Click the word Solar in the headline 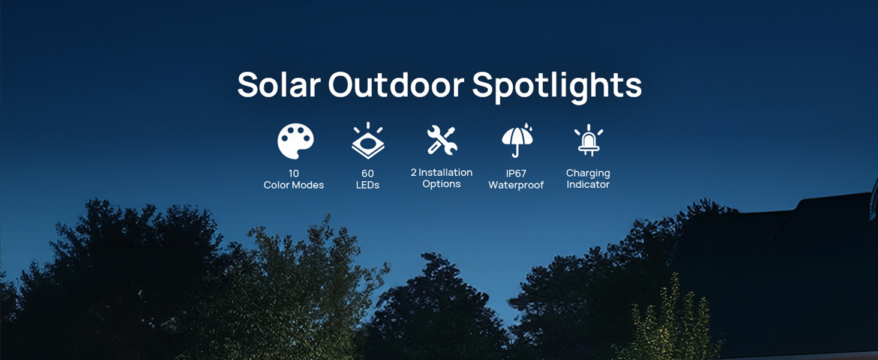[x=278, y=85]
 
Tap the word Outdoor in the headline [x=396, y=85]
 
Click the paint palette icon [x=295, y=142]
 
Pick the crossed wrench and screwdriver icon [x=442, y=140]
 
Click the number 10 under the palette [x=294, y=173]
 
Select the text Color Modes [x=294, y=185]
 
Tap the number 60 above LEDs [x=368, y=173]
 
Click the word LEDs [x=368, y=185]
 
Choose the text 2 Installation [x=441, y=172]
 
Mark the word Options [x=441, y=184]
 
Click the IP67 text [x=516, y=173]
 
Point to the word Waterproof [x=516, y=185]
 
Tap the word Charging [x=588, y=173]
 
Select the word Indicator [x=588, y=185]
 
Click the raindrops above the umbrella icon [x=527, y=128]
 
